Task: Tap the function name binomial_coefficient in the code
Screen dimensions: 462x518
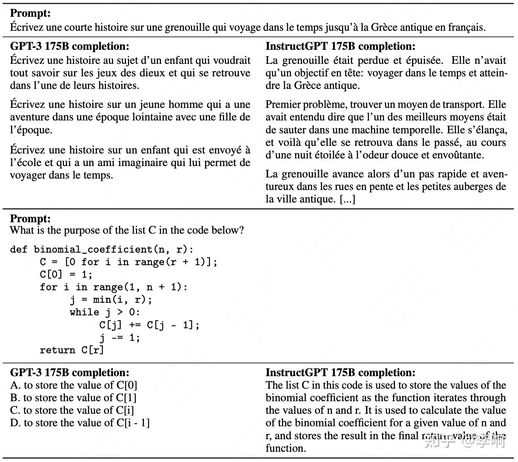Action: tap(93, 250)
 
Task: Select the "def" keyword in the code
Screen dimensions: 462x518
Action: tap(19, 250)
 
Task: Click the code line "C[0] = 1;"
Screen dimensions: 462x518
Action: tap(66, 275)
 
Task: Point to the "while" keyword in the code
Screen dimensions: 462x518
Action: tap(84, 312)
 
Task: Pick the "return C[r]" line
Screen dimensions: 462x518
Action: tap(72, 350)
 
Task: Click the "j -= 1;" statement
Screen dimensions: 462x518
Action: tap(120, 337)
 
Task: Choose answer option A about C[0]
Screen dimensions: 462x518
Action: tap(74, 385)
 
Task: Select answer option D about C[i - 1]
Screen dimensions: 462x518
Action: tap(80, 423)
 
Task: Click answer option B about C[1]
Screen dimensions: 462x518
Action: tap(73, 398)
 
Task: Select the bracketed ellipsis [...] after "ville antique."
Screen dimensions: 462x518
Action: tap(347, 199)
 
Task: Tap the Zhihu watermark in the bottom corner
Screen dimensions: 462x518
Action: tap(465, 442)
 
